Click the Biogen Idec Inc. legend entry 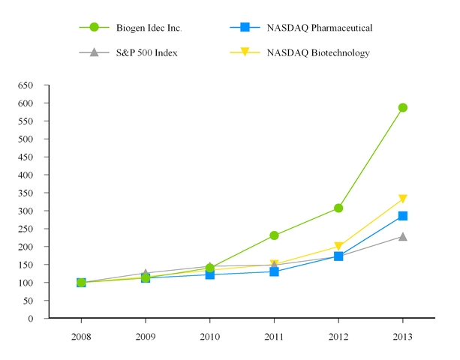pos(149,28)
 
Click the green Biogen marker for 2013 pos(403,107)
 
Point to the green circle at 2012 pos(338,208)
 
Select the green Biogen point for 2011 pos(275,235)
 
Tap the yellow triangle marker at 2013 pos(403,199)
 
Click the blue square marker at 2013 pos(403,216)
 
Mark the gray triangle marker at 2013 pos(403,236)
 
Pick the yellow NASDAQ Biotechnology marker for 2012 pos(338,247)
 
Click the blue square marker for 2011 pos(275,271)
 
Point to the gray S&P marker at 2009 pos(146,273)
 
